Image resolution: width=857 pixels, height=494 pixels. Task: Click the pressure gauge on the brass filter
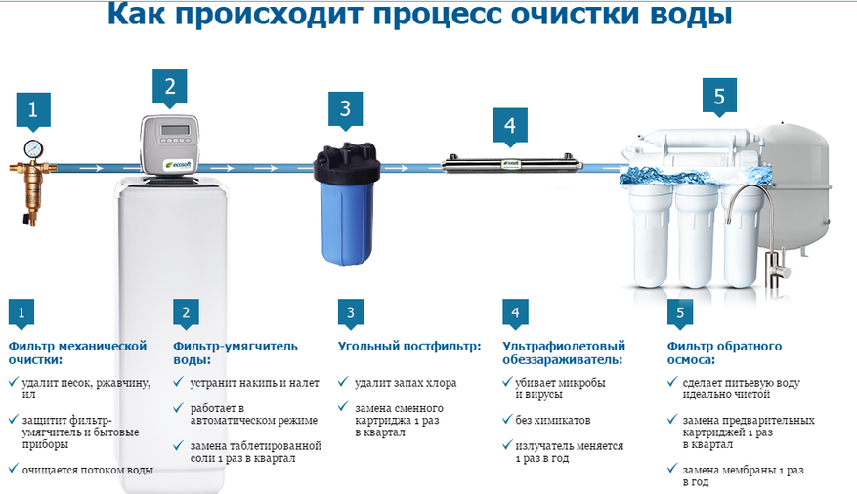pyautogui.click(x=33, y=149)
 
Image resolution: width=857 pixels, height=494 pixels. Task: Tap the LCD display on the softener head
pyautogui.click(x=174, y=130)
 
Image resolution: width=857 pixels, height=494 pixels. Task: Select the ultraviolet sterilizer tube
pyautogui.click(x=512, y=165)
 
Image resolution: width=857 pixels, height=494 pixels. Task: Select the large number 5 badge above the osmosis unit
pyautogui.click(x=719, y=98)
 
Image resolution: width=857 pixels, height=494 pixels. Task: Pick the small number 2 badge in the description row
pyautogui.click(x=186, y=313)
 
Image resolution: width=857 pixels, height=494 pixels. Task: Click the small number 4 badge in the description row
pyautogui.click(x=515, y=313)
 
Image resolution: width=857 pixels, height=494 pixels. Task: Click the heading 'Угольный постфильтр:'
pyautogui.click(x=409, y=346)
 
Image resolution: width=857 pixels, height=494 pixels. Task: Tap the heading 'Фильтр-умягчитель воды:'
pyautogui.click(x=236, y=352)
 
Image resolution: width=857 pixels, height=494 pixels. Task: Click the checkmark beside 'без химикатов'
pyautogui.click(x=507, y=419)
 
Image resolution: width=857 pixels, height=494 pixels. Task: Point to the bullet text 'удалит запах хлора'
pyautogui.click(x=406, y=383)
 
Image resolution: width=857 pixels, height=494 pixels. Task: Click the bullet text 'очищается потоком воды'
pyautogui.click(x=87, y=470)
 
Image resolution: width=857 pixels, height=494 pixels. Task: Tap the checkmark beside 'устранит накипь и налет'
pyautogui.click(x=178, y=382)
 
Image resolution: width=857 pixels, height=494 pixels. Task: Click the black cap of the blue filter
pyautogui.click(x=346, y=162)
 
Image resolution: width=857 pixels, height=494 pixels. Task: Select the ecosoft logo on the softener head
pyautogui.click(x=179, y=164)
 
